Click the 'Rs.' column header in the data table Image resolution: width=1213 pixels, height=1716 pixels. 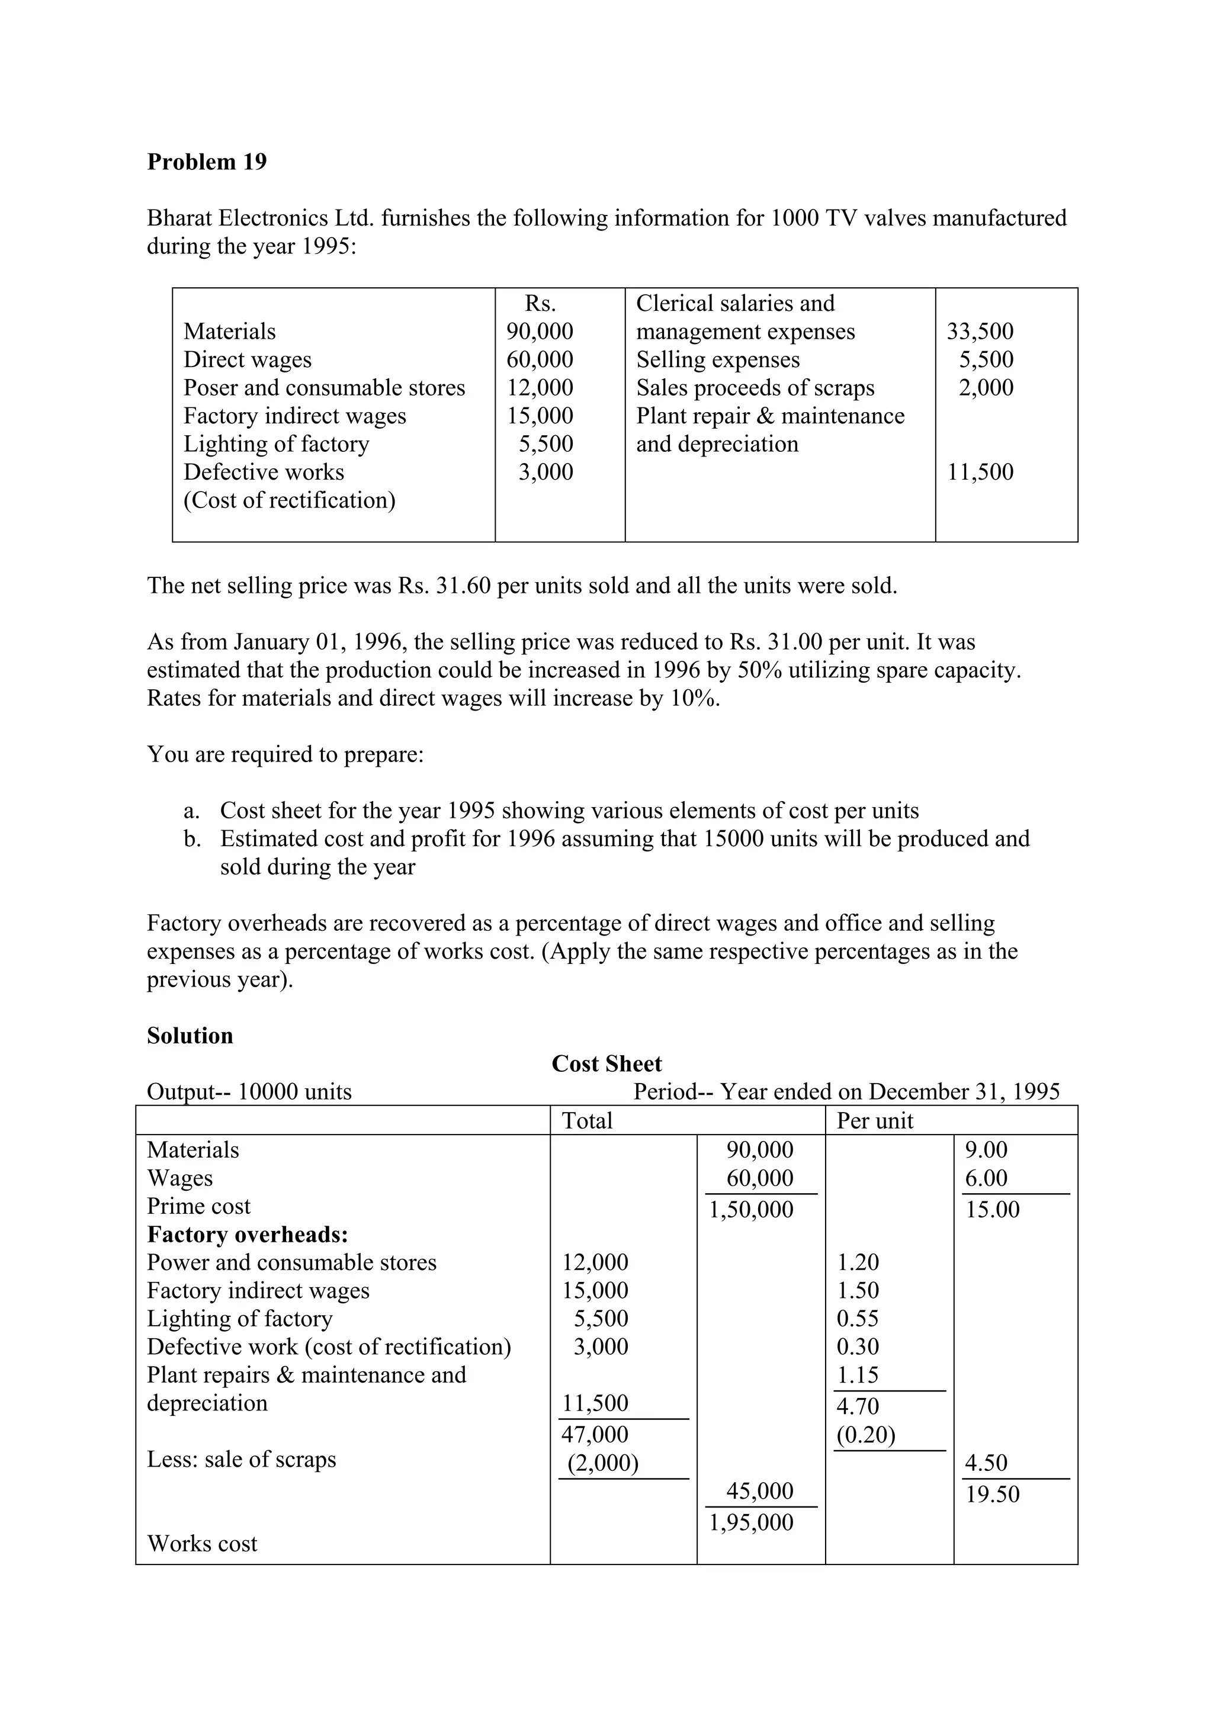(x=540, y=303)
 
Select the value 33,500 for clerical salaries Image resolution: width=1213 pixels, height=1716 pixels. (x=980, y=331)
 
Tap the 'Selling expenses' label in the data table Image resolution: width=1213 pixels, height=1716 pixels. (x=717, y=359)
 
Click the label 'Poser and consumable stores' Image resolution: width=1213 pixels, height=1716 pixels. (x=325, y=387)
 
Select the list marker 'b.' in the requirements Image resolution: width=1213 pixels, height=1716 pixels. (x=193, y=838)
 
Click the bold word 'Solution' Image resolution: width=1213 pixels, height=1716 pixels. (x=190, y=1035)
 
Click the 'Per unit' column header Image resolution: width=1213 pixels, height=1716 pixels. (x=874, y=1120)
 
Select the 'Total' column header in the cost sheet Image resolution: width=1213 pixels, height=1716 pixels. (x=587, y=1120)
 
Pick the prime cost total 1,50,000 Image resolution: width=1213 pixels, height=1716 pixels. (x=751, y=1209)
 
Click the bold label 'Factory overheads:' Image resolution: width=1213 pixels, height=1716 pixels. (x=248, y=1234)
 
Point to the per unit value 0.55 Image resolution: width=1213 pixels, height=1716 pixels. (x=857, y=1319)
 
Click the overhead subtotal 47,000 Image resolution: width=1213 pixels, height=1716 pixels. (x=595, y=1434)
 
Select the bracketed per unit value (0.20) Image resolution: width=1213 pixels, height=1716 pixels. (x=865, y=1434)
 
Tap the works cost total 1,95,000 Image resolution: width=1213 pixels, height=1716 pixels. (x=751, y=1522)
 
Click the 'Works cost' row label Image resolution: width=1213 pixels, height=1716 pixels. (x=202, y=1543)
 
